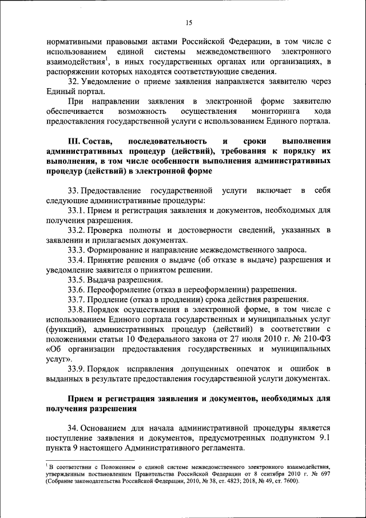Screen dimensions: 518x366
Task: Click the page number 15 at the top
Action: point(189,22)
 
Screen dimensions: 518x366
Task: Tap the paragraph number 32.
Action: point(73,82)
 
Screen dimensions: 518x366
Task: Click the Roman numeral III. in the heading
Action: point(75,140)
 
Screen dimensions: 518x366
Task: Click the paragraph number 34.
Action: point(73,428)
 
